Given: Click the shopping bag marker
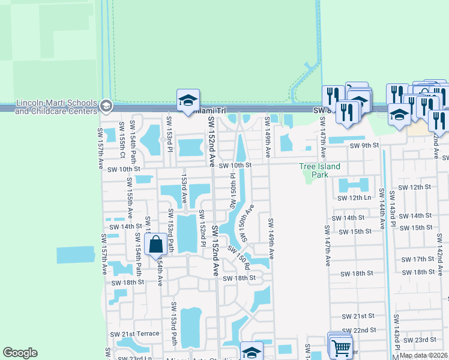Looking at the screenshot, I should pyautogui.click(x=155, y=245).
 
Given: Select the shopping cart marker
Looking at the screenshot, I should pyautogui.click(x=340, y=346).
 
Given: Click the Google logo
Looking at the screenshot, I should pyautogui.click(x=20, y=353).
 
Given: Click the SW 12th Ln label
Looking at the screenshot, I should pyautogui.click(x=355, y=197).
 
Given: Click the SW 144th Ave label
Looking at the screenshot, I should pyautogui.click(x=382, y=210).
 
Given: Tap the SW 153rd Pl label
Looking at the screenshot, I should pyautogui.click(x=170, y=143).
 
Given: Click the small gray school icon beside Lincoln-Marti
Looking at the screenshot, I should pyautogui.click(x=106, y=106).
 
